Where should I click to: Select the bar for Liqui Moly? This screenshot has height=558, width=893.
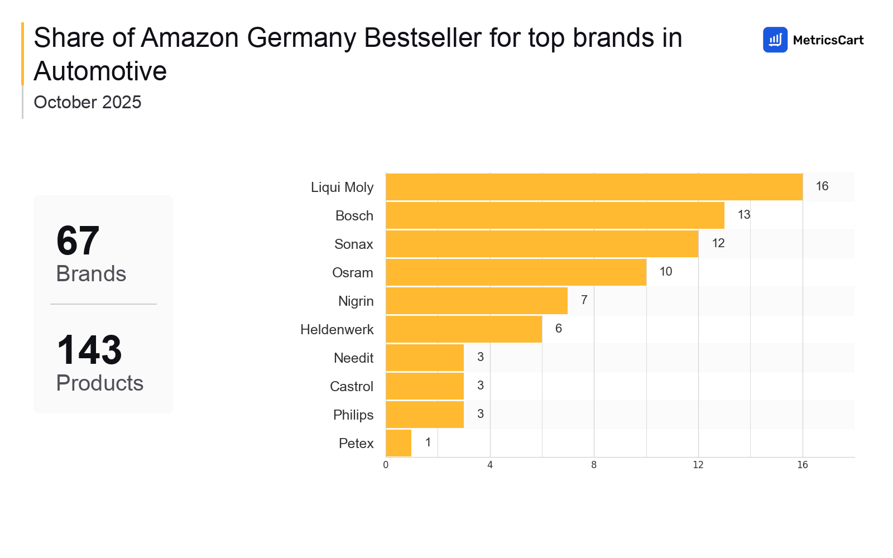tap(594, 187)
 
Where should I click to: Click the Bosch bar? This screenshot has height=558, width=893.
tap(555, 215)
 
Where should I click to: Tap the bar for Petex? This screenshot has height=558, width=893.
tap(399, 443)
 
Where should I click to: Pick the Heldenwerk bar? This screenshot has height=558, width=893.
tap(464, 329)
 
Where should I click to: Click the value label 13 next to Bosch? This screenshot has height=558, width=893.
tap(743, 215)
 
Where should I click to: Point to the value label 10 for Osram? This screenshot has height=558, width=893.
tap(665, 272)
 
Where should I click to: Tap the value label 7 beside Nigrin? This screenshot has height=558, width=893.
tap(584, 300)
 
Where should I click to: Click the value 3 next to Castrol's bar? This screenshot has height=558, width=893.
tap(480, 386)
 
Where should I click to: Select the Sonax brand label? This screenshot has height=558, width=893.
tap(353, 244)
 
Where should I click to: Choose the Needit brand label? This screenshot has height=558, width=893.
tap(353, 358)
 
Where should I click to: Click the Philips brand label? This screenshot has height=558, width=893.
tap(353, 415)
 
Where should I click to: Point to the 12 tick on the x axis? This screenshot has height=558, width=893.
tap(698, 465)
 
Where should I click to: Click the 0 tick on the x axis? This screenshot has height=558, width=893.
tap(386, 465)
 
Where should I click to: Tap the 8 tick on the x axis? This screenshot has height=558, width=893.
tap(594, 465)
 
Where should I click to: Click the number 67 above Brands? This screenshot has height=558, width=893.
tap(78, 241)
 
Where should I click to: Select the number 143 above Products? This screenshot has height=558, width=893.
tap(89, 350)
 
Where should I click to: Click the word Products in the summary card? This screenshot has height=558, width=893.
tap(100, 383)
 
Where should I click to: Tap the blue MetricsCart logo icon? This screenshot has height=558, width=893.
tap(775, 40)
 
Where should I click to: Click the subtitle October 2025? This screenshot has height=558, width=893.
tap(88, 103)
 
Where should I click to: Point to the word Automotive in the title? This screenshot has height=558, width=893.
tap(100, 71)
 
